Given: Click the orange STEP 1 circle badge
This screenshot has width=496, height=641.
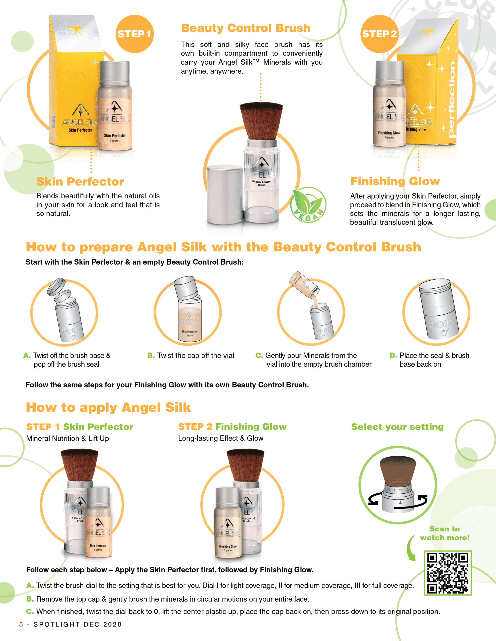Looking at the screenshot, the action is (135, 34).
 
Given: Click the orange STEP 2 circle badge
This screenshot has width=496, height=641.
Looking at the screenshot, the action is (379, 34).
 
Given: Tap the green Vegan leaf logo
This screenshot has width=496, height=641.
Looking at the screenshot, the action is (308, 205).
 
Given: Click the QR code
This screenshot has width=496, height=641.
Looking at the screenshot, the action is (448, 573).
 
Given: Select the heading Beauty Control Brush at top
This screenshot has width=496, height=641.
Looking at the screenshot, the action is (246, 28).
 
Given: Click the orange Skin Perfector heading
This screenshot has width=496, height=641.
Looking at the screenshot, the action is (80, 182).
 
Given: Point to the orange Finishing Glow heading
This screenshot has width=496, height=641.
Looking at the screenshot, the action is (395, 181).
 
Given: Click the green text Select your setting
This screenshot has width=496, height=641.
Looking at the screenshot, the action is (397, 427).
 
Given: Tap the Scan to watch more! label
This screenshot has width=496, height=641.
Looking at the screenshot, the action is (445, 533).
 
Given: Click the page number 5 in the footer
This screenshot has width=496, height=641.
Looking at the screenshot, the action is (21, 624).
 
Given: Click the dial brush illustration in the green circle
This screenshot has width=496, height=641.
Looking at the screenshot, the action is (398, 484).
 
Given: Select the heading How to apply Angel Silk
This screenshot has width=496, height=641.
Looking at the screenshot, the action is (108, 407).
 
